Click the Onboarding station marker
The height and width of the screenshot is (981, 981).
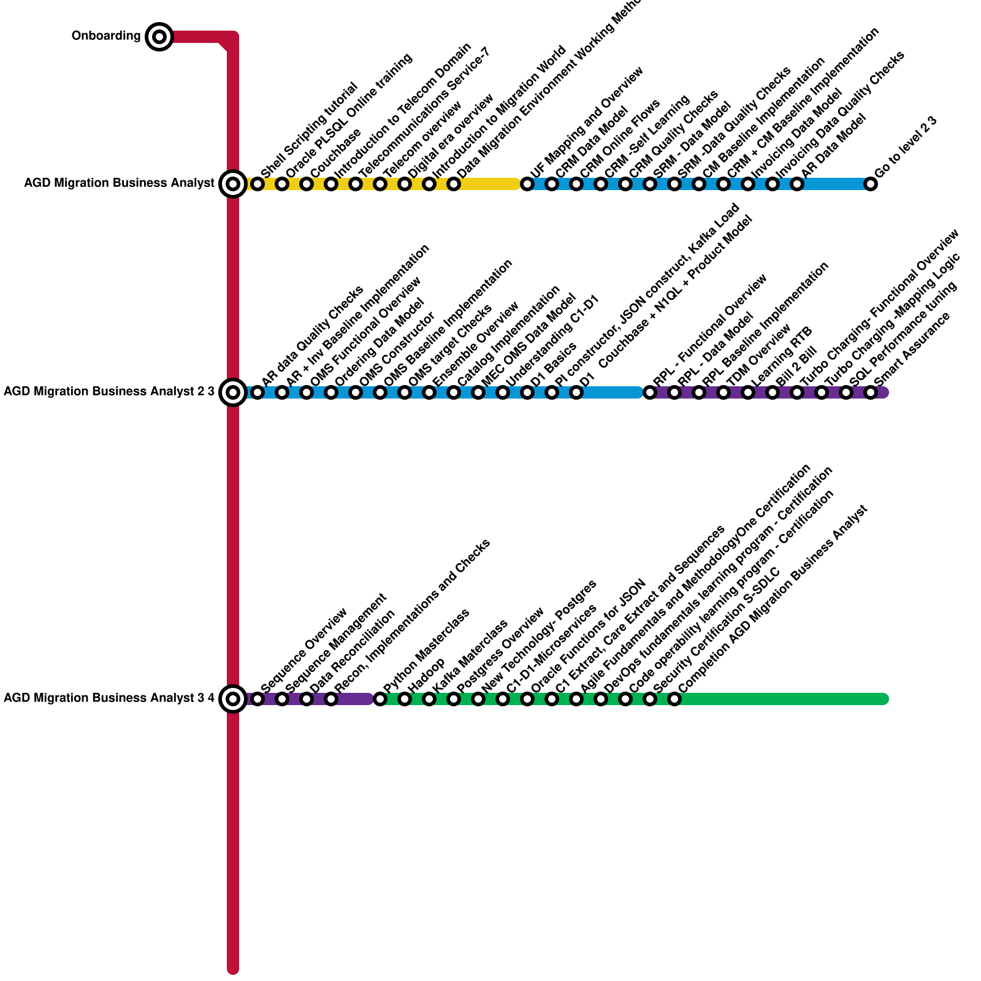pos(159,37)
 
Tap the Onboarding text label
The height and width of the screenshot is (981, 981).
pos(105,36)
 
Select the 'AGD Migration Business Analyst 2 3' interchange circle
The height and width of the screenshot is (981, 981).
pos(233,392)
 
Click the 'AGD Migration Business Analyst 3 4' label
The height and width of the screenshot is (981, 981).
pos(109,698)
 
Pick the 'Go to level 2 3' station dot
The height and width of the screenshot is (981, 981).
pos(871,183)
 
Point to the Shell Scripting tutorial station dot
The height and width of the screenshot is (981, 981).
pos(258,183)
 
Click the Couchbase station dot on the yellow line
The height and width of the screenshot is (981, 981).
pos(307,183)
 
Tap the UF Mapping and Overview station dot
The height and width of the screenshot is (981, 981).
pos(527,183)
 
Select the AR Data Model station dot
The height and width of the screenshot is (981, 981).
pos(797,183)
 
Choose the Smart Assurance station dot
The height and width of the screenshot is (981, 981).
pos(871,392)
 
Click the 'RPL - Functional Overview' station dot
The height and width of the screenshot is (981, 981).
pos(650,392)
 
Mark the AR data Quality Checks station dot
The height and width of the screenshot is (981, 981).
pos(258,392)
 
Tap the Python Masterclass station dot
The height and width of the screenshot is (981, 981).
pos(380,698)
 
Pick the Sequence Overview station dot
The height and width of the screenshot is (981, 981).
pos(258,698)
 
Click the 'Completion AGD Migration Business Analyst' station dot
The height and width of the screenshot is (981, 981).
pos(674,698)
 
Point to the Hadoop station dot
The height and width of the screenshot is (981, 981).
pos(405,698)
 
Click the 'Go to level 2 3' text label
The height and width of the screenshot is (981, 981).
pos(906,147)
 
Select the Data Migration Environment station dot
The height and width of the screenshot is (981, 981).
pos(454,183)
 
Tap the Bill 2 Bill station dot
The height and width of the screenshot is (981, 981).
pos(773,392)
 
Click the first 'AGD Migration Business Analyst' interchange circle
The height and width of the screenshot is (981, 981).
pos(233,183)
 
